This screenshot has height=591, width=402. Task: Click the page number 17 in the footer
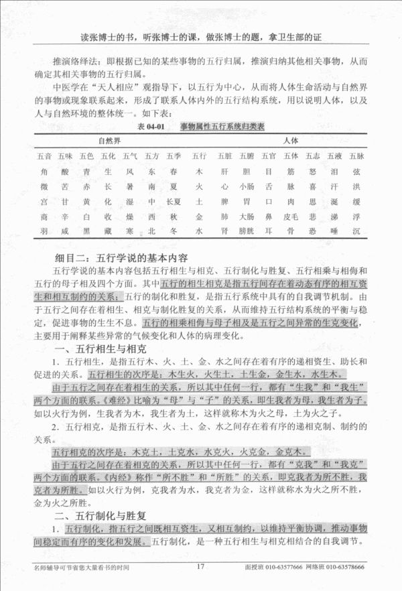200,566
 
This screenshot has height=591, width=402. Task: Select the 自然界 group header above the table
109,141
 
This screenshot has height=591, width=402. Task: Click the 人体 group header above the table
290,141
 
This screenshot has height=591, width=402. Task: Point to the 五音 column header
44,156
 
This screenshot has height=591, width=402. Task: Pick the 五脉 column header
357,156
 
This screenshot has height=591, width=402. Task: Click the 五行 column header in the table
199,156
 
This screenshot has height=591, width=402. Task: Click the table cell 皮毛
291,216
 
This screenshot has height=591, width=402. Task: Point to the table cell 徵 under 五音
44,186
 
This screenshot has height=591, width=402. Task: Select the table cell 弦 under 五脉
357,172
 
